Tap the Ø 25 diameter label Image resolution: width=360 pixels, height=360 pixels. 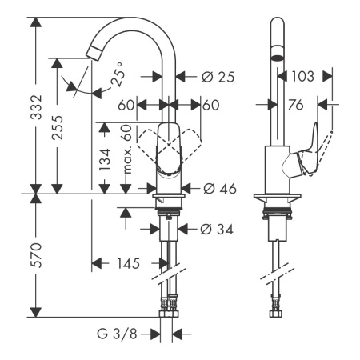[x=214, y=77]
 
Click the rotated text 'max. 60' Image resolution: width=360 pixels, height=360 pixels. [x=126, y=151]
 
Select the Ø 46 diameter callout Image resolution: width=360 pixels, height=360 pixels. [x=214, y=190]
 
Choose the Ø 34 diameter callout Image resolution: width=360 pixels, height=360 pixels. [x=214, y=230]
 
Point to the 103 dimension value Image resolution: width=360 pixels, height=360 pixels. [x=302, y=77]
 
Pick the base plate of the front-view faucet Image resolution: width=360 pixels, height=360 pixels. [x=169, y=197]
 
